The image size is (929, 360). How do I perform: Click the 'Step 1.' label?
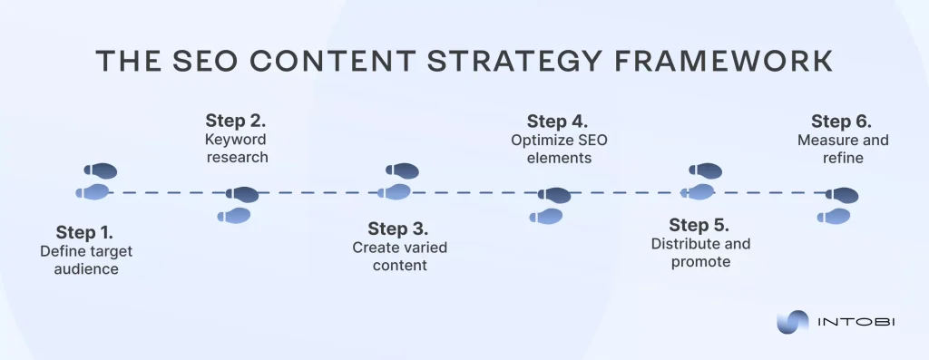(x=83, y=231)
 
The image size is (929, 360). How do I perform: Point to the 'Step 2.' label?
(x=236, y=122)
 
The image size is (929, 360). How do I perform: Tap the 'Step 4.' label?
(x=557, y=122)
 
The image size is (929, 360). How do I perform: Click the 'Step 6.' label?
(x=841, y=122)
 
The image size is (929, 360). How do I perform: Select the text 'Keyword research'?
(x=237, y=149)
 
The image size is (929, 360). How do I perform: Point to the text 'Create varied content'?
(x=399, y=257)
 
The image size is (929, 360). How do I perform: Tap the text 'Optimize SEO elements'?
(x=557, y=149)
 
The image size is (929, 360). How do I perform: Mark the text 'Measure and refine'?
(x=843, y=149)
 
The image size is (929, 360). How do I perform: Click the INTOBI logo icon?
(x=792, y=322)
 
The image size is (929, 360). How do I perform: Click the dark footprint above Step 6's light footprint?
(x=842, y=195)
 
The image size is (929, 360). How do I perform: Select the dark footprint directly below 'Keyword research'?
(x=242, y=194)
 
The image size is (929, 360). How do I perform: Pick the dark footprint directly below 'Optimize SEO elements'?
(x=553, y=195)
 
